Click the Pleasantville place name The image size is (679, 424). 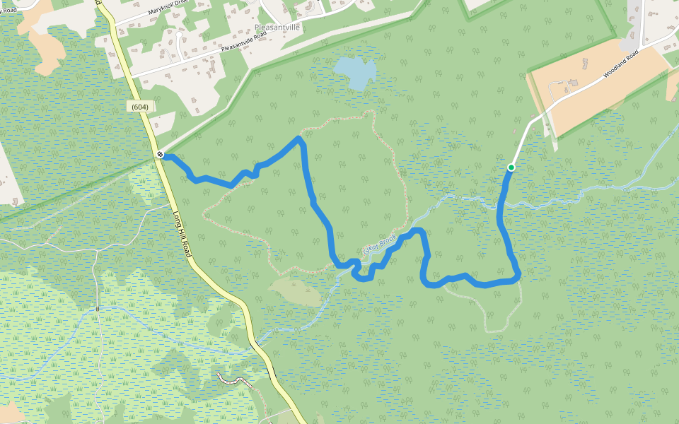(277, 27)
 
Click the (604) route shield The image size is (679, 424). (139, 106)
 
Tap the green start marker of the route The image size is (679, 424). (511, 167)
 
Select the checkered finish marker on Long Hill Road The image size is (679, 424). (161, 154)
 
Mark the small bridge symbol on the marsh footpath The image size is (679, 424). (98, 308)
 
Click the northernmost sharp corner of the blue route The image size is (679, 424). (299, 139)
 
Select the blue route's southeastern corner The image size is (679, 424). (518, 276)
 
